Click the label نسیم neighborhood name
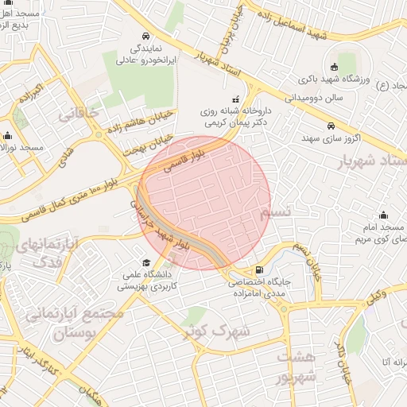pos(279,212)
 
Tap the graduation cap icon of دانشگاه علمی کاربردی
pos(146,263)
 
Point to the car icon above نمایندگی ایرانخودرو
pos(146,37)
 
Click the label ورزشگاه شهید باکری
pos(335,80)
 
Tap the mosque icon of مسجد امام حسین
pos(385,215)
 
